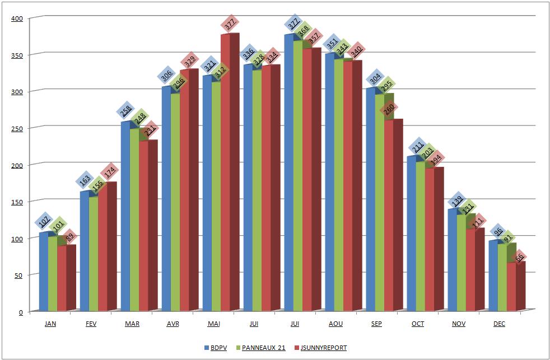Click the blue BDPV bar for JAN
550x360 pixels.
point(43,272)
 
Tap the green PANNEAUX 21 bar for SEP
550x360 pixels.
point(380,235)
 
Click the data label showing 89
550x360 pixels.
point(68,237)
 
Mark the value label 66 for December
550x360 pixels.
point(520,257)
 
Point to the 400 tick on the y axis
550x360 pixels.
point(17,18)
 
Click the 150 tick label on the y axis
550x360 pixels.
point(17,202)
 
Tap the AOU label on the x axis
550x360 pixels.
point(336,324)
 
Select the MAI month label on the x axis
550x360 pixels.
point(213,324)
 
